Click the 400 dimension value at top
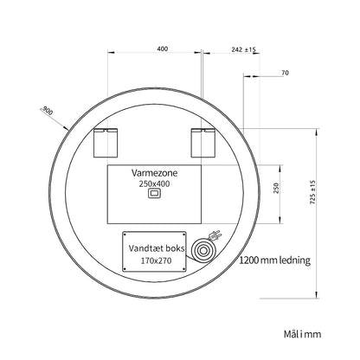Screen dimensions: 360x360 click(x=163, y=48)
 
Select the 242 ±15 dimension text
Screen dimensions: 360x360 click(x=243, y=49)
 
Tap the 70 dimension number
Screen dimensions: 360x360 click(x=285, y=73)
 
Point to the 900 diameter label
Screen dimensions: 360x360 click(x=48, y=111)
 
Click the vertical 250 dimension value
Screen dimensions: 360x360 click(x=276, y=188)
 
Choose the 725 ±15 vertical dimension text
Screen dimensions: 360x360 click(x=313, y=192)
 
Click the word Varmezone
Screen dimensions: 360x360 click(x=154, y=173)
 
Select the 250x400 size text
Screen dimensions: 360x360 click(x=154, y=183)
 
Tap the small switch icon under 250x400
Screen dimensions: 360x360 click(x=154, y=193)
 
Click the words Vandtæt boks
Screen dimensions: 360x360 click(x=157, y=248)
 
